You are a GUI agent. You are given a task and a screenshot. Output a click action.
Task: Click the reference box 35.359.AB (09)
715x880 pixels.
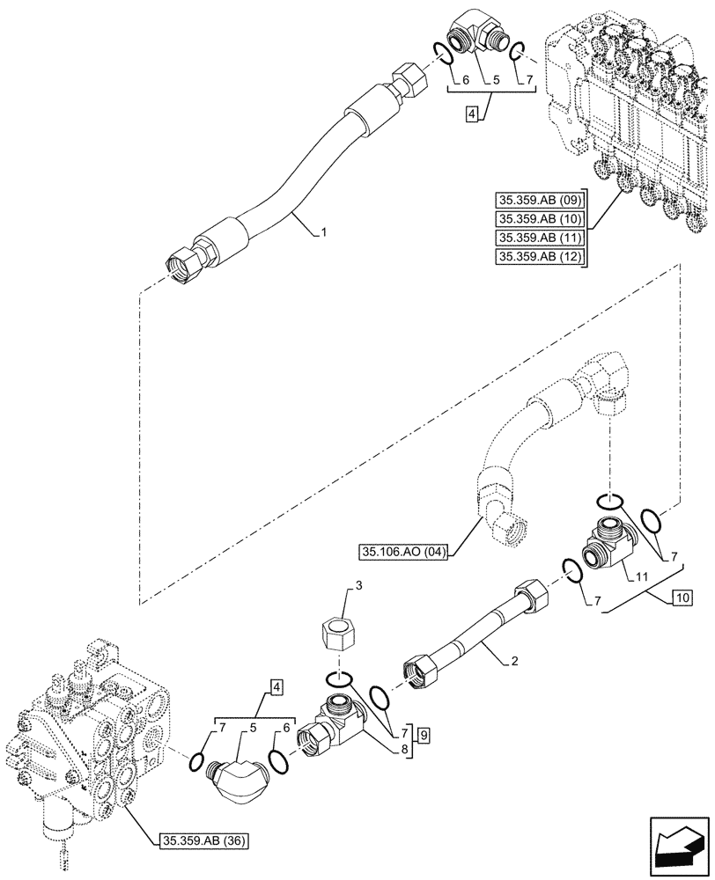tap(540, 200)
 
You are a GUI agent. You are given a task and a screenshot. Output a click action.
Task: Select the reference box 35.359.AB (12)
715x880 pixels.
tap(540, 257)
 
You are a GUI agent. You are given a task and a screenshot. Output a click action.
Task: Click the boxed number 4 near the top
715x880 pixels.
tap(472, 114)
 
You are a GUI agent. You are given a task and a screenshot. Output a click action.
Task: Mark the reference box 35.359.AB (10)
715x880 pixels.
tap(540, 219)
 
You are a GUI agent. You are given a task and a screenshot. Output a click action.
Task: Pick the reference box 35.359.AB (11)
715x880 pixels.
tap(540, 238)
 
